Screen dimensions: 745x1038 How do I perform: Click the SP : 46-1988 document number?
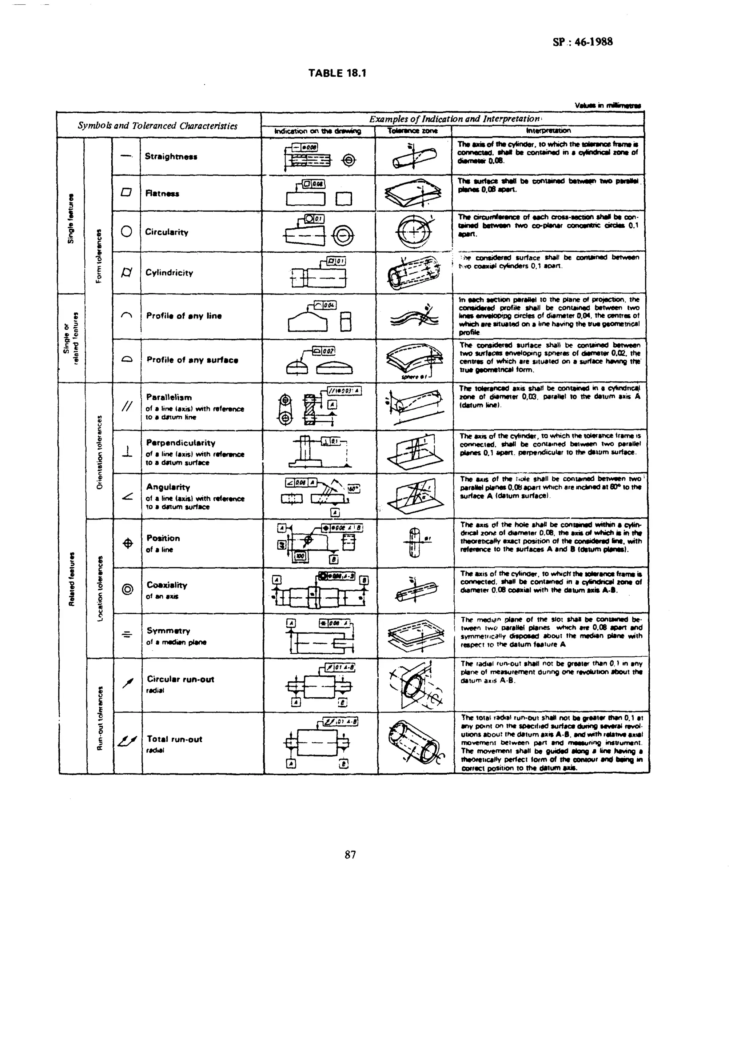(x=582, y=42)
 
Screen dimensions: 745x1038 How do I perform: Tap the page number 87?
(x=350, y=854)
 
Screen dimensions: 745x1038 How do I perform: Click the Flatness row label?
(x=162, y=193)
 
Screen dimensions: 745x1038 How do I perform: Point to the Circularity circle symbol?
(x=126, y=232)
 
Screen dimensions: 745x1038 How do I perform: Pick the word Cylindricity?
(x=169, y=273)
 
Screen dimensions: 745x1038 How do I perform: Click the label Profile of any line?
(x=184, y=316)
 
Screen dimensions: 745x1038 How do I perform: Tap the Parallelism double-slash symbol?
(x=127, y=406)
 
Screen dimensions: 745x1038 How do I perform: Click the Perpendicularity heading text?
(x=180, y=442)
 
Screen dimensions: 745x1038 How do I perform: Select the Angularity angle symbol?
(x=128, y=496)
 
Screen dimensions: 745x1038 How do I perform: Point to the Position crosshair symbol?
(x=128, y=543)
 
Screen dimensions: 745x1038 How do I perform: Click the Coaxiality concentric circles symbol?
(x=128, y=589)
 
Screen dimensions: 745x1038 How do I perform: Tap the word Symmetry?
(x=168, y=631)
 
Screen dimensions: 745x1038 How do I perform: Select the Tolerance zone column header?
(x=413, y=131)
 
